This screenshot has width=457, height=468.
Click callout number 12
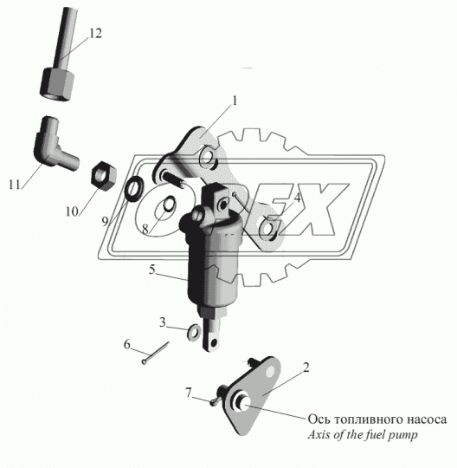click(x=95, y=33)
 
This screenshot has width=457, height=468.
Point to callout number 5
click(x=152, y=270)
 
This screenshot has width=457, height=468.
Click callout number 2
click(x=305, y=367)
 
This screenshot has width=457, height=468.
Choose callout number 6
click(x=127, y=345)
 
